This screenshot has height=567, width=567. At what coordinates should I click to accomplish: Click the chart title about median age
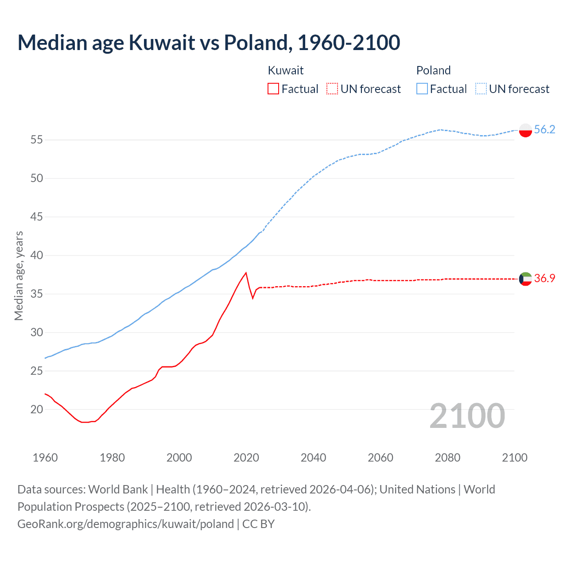click(x=209, y=43)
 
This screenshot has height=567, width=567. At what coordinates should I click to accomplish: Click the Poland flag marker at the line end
click(x=525, y=130)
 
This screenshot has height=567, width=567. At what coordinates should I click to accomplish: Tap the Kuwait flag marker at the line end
click(x=525, y=279)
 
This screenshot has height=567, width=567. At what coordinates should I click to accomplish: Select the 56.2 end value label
click(x=544, y=129)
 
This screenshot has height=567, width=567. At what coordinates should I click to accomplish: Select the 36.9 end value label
click(x=544, y=278)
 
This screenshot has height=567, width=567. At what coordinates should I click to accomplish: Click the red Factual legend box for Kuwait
click(x=273, y=89)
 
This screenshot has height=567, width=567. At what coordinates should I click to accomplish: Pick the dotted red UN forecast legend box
click(x=332, y=89)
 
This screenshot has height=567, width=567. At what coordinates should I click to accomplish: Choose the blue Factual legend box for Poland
click(x=422, y=89)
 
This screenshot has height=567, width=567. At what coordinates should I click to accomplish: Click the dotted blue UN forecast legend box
click(x=481, y=89)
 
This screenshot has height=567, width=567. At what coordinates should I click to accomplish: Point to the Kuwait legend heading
click(x=286, y=70)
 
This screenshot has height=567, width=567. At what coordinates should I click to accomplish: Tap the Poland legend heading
click(x=433, y=70)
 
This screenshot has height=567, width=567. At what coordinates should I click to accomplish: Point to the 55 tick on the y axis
click(x=36, y=140)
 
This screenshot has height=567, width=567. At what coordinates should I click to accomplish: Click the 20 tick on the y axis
click(x=36, y=409)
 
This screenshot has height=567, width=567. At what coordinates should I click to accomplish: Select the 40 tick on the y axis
click(x=36, y=256)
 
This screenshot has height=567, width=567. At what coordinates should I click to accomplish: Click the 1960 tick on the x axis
click(x=45, y=458)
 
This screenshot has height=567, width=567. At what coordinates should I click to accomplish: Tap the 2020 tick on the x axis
click(x=246, y=458)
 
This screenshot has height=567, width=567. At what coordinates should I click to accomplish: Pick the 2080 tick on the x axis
click(x=447, y=458)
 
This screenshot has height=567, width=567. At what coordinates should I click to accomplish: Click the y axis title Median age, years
click(x=19, y=276)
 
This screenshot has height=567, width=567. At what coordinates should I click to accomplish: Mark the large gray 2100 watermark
click(x=467, y=416)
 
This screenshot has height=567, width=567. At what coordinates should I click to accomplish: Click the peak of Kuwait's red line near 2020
click(x=246, y=273)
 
